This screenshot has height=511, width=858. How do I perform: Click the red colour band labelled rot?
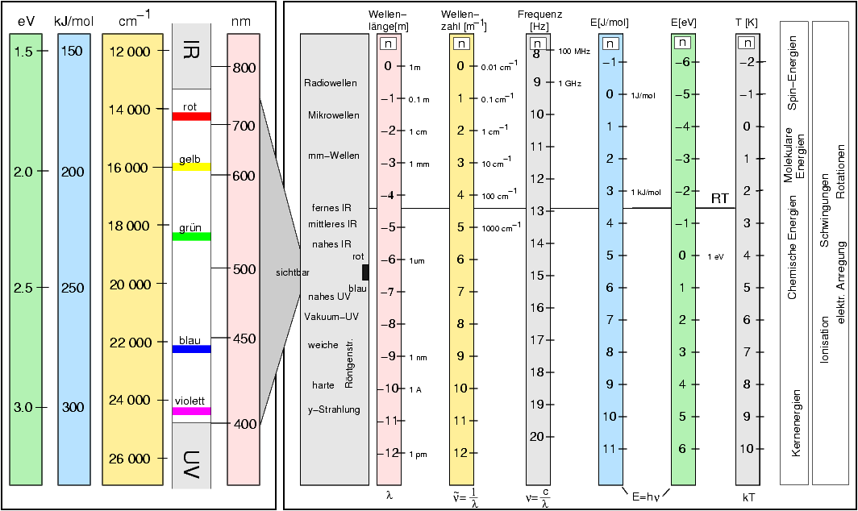[x=191, y=117]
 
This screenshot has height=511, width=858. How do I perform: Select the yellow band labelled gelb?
[x=191, y=167]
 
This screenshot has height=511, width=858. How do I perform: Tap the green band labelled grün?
[x=191, y=236]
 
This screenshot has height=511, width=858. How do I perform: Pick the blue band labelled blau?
[x=191, y=349]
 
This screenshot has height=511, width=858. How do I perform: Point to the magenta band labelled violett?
[x=191, y=411]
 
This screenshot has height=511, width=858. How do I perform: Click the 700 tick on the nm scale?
[x=243, y=126]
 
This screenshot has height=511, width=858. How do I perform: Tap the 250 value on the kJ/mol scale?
[x=73, y=289]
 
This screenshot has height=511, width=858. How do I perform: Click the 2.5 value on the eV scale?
[x=24, y=289]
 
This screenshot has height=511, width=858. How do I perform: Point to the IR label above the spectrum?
[x=191, y=50]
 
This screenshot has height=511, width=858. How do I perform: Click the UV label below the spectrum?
[x=191, y=463]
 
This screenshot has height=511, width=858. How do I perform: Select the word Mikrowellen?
[x=334, y=115]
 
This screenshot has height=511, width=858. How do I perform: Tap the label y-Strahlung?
[x=334, y=410]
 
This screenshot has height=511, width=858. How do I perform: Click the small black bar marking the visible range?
[x=365, y=272]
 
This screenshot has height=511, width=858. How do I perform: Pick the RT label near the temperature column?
[x=720, y=198]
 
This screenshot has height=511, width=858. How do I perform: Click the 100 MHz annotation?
[x=575, y=51]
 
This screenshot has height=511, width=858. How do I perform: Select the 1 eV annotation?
[x=715, y=256]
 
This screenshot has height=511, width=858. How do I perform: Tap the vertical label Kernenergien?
[x=795, y=424]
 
